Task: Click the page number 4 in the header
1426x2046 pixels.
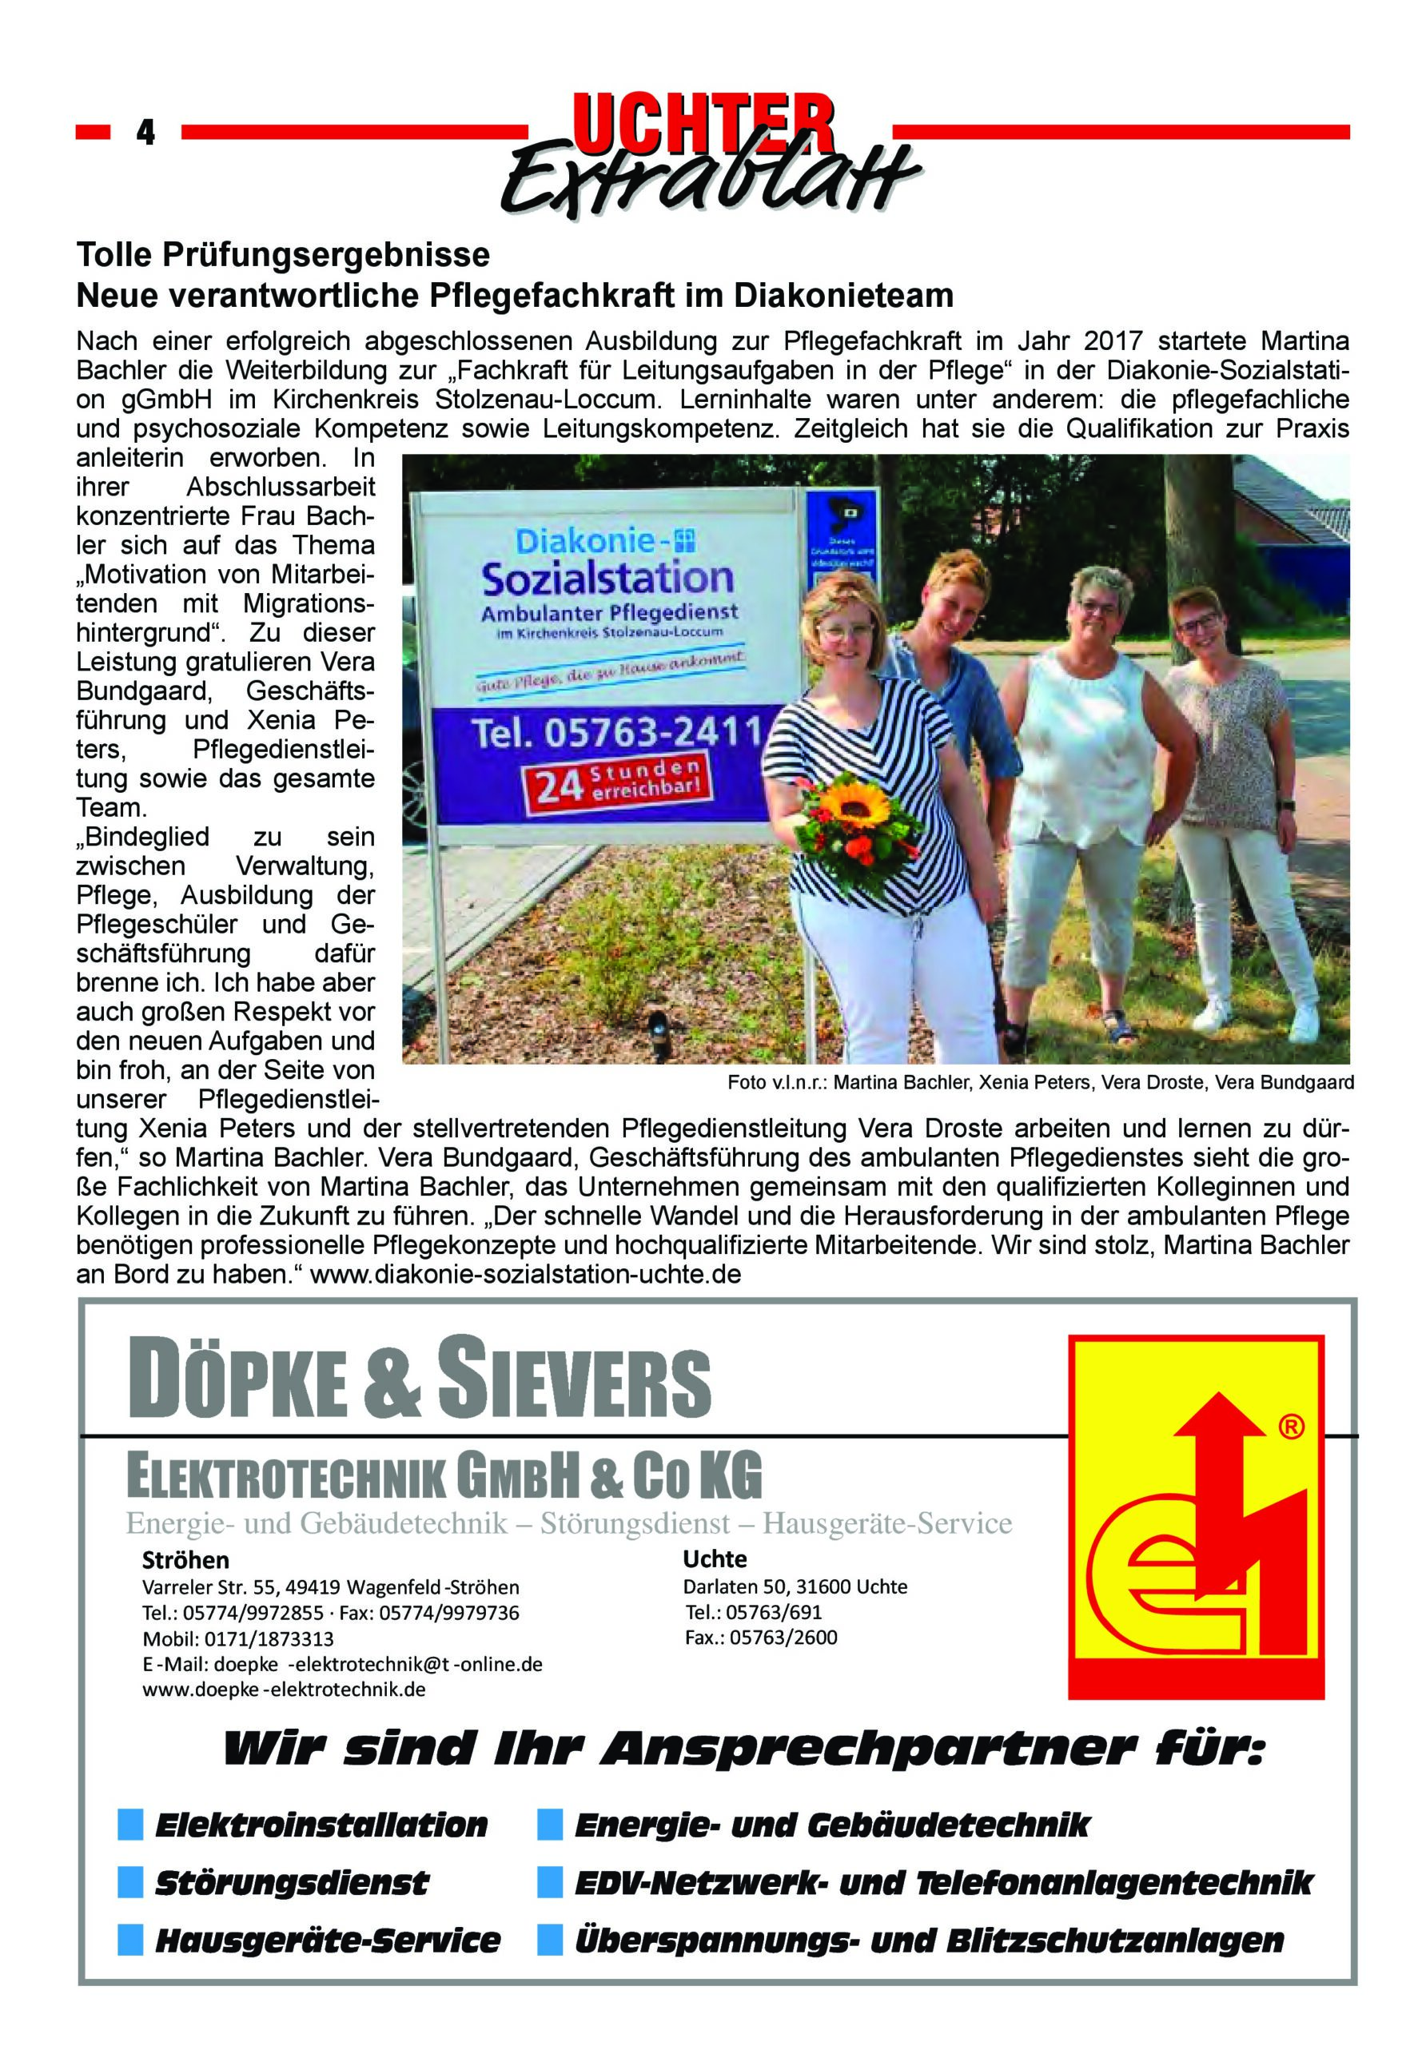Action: click(145, 133)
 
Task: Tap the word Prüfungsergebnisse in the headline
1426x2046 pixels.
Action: click(325, 255)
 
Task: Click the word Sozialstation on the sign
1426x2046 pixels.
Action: click(607, 579)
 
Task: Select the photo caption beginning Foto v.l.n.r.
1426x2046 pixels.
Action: click(1040, 1083)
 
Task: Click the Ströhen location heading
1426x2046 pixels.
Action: click(185, 1559)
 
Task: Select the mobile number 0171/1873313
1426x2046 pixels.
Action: click(269, 1638)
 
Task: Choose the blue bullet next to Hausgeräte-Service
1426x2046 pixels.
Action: click(130, 1940)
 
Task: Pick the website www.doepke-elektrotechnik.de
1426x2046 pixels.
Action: click(285, 1690)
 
